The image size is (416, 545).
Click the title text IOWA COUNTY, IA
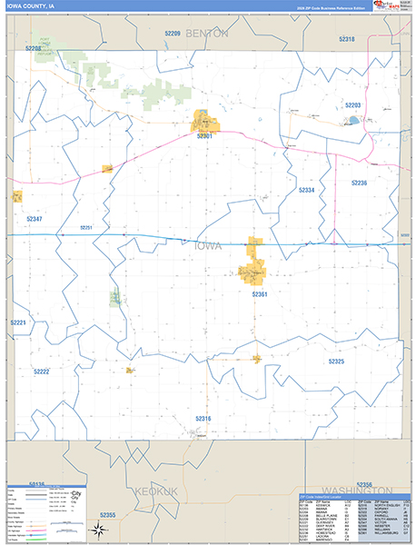tap(33, 6)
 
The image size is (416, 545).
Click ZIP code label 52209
tap(173, 33)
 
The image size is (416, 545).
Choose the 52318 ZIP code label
tap(346, 39)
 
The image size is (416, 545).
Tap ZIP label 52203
tap(353, 105)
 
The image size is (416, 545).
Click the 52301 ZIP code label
tap(203, 136)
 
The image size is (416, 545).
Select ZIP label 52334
tap(307, 190)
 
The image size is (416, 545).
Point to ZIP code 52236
tap(359, 183)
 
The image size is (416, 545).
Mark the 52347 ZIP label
tap(35, 219)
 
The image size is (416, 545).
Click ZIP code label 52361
tap(260, 294)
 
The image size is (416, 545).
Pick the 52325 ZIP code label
tap(336, 362)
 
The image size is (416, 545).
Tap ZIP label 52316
tap(203, 418)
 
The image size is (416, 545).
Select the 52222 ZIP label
tap(41, 372)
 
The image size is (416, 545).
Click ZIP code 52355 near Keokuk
tap(107, 515)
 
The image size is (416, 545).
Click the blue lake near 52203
tap(352, 119)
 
